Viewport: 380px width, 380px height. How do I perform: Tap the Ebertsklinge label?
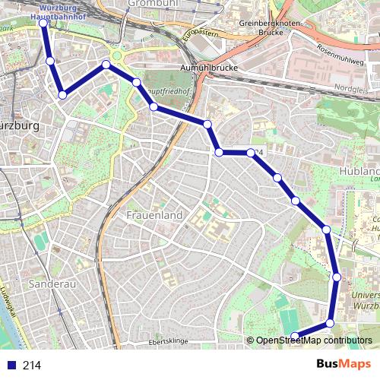click(168, 342)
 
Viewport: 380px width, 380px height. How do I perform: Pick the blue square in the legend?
click(9, 366)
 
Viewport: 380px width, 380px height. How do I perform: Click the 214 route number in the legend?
click(31, 366)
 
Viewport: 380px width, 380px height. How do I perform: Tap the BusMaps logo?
click(344, 365)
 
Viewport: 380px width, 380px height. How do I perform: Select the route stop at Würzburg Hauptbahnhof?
click(43, 23)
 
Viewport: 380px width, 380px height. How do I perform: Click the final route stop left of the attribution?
click(295, 336)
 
